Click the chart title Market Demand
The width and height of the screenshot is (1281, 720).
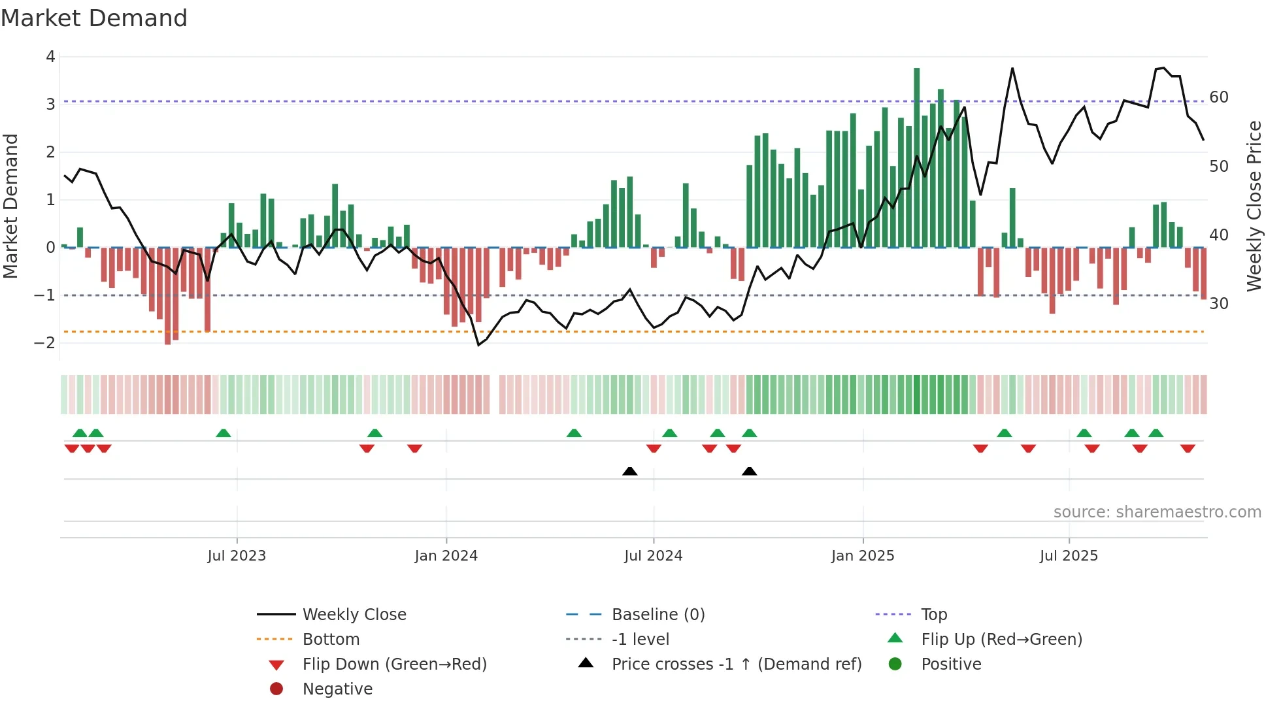click(94, 18)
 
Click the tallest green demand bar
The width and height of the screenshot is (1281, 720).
click(916, 157)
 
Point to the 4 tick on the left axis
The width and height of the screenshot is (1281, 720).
click(50, 57)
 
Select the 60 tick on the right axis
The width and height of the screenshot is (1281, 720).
click(1219, 97)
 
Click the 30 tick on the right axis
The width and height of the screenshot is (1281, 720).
click(1219, 304)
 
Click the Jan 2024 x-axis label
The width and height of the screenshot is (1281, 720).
click(446, 556)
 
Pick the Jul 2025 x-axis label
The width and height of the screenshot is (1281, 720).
click(1069, 556)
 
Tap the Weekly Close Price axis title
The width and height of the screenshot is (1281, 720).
click(1254, 206)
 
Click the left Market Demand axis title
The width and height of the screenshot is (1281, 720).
click(11, 206)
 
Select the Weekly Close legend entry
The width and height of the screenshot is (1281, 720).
click(354, 615)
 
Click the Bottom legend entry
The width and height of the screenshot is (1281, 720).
click(331, 640)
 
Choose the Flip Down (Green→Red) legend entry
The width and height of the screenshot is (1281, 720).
click(394, 664)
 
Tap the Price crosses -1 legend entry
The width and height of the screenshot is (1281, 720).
click(737, 664)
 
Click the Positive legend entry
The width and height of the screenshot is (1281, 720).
click(951, 664)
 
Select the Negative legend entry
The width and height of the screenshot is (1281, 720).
click(337, 689)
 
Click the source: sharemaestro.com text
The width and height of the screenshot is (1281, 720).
click(1157, 512)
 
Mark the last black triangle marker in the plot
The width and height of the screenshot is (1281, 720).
click(750, 471)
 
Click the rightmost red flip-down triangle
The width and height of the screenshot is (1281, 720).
click(1188, 448)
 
